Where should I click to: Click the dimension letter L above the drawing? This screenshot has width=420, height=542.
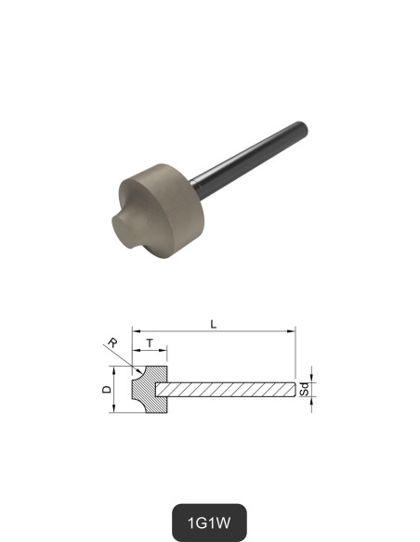[214, 324]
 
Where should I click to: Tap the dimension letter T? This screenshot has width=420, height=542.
[151, 343]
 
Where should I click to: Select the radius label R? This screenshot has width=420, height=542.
[112, 343]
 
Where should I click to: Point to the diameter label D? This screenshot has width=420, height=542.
[107, 389]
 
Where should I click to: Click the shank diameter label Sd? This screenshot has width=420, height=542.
[304, 388]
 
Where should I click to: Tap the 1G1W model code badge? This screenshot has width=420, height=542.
[210, 521]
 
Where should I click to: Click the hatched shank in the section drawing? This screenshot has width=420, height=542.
[228, 388]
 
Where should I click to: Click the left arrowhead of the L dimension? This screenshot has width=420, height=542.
[136, 330]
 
